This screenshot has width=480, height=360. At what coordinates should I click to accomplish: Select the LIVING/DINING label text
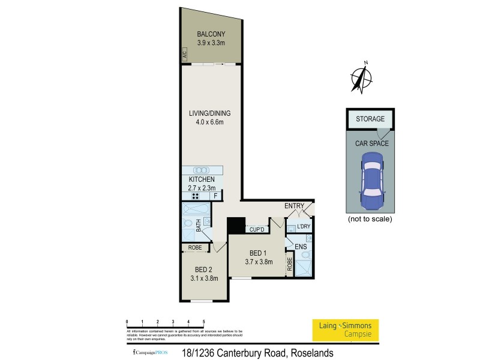209,113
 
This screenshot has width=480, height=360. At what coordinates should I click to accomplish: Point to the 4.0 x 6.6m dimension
209,123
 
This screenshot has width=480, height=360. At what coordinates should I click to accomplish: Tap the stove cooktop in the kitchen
195,196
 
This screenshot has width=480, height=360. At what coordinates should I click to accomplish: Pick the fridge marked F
215,196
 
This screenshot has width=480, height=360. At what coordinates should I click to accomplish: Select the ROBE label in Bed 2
195,247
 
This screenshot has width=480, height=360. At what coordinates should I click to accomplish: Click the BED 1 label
259,253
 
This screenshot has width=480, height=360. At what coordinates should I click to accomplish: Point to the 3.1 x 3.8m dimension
203,278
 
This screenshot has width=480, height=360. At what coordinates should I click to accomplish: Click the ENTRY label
295,206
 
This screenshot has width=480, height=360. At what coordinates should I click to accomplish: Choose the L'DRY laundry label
304,227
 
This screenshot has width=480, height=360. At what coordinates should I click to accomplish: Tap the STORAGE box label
370,119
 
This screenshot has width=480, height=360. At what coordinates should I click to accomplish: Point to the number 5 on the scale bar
204,322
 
